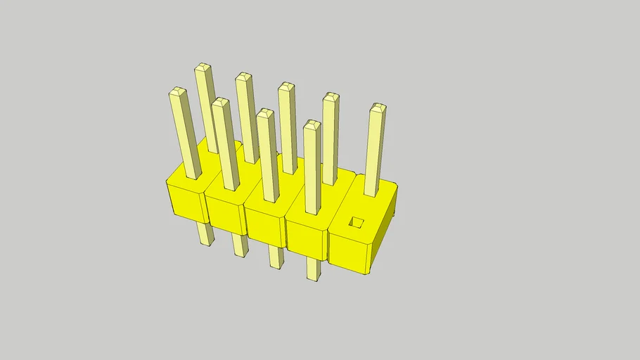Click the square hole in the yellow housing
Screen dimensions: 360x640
(357, 223)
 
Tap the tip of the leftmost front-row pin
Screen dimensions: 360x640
(177, 92)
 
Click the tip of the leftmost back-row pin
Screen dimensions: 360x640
(203, 67)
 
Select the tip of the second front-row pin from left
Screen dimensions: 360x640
(221, 103)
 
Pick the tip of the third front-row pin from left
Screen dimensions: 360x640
(265, 112)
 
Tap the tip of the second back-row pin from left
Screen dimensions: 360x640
(243, 76)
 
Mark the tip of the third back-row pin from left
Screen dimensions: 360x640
(286, 86)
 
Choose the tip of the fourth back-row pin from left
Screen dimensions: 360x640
(331, 96)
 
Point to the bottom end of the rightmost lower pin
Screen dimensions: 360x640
(314, 278)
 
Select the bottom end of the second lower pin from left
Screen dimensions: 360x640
(241, 254)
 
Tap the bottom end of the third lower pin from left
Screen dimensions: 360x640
(276, 266)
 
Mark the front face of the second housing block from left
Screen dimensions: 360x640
(225, 214)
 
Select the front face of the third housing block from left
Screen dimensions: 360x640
(266, 227)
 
